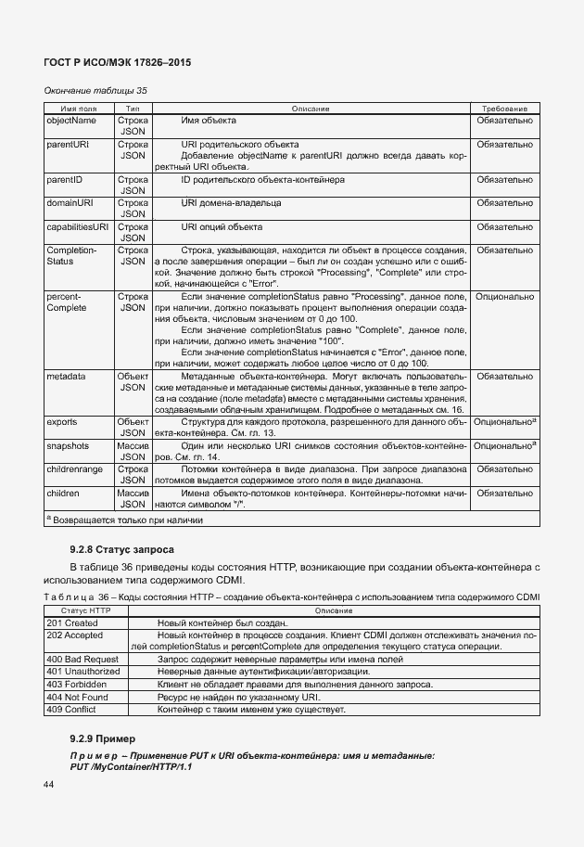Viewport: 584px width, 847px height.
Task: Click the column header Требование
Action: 503,109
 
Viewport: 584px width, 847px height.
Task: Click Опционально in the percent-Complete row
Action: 503,297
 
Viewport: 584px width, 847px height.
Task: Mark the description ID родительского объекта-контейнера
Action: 263,177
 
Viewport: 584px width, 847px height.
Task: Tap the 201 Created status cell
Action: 71,622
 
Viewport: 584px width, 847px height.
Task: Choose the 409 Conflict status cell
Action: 71,709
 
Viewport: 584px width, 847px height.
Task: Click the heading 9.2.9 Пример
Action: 102,738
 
